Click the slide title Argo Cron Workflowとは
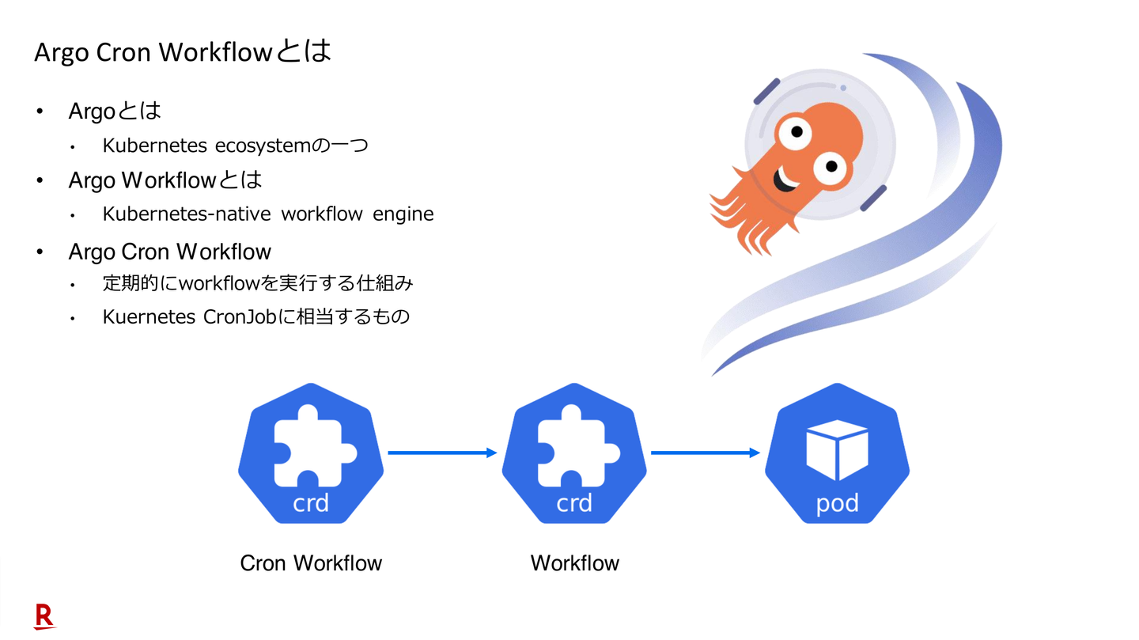[x=183, y=52]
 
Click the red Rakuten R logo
[x=44, y=616]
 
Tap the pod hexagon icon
[x=837, y=453]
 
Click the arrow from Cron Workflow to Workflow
[x=442, y=453]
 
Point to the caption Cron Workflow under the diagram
[x=311, y=563]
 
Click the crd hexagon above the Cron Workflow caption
[x=311, y=453]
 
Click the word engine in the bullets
[x=403, y=214]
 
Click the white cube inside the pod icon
[x=837, y=449]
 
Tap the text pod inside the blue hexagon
[x=837, y=503]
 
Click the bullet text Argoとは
[x=115, y=112]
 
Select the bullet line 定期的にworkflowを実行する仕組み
[x=259, y=283]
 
